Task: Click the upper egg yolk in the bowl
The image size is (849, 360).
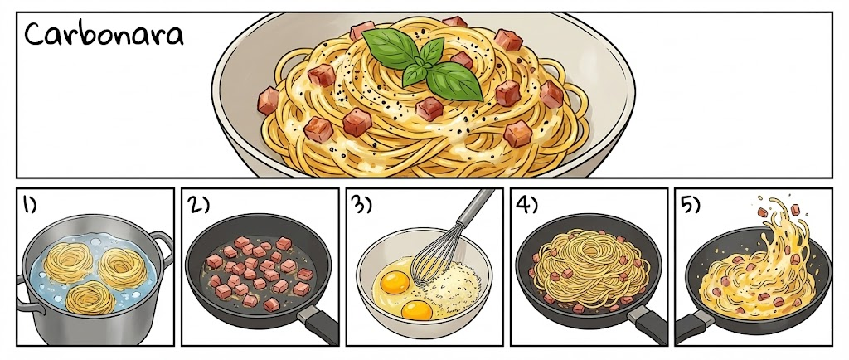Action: coord(395,282)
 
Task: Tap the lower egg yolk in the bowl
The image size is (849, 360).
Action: coord(417,309)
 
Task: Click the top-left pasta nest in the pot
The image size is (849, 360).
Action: coord(68,261)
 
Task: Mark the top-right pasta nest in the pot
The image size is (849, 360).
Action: coord(123,267)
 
